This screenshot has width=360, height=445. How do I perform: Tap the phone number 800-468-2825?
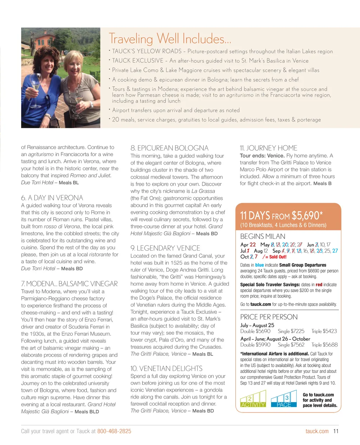(x=114, y=431)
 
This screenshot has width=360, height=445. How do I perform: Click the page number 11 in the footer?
(x=336, y=431)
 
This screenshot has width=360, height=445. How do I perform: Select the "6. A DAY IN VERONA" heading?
(x=52, y=198)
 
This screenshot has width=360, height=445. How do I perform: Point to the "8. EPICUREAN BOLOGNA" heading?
(x=169, y=148)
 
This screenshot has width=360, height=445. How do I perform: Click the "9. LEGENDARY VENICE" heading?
(x=165, y=248)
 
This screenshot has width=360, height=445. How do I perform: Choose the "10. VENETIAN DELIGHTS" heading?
(x=166, y=368)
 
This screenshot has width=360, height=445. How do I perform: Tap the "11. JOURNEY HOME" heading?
(x=269, y=148)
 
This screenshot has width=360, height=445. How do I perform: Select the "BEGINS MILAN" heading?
(x=263, y=236)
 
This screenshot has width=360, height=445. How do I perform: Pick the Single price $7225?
(x=291, y=331)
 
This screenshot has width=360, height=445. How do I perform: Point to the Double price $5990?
(x=255, y=345)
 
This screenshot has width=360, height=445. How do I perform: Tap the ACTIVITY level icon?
(x=253, y=400)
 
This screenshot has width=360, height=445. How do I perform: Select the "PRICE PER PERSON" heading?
(x=269, y=317)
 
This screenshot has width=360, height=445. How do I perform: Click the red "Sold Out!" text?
(x=278, y=257)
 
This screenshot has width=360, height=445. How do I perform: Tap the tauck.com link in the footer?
(x=317, y=431)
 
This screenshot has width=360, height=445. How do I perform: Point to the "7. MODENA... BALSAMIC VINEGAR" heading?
(x=69, y=284)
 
